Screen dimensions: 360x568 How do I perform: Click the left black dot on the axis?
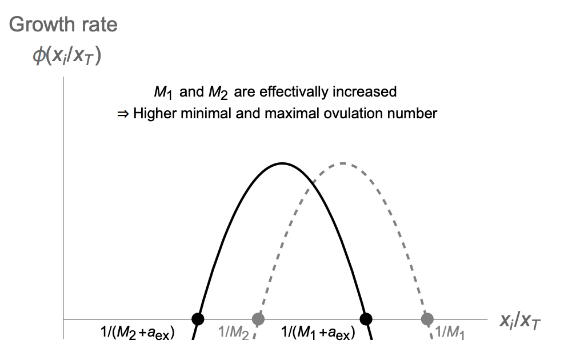point(197,318)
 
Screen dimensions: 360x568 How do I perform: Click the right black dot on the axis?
point(366,318)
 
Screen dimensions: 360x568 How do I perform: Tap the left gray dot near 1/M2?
point(258,318)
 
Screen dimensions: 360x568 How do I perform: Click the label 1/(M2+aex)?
point(137,333)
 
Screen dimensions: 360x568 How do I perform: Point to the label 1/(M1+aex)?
point(318,333)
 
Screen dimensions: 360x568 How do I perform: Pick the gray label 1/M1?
point(450,333)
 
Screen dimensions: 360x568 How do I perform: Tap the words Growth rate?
point(63,25)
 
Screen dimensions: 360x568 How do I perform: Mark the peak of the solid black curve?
point(282,163)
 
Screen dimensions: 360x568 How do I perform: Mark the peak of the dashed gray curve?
point(342,163)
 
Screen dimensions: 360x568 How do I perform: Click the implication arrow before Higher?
point(122,113)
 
